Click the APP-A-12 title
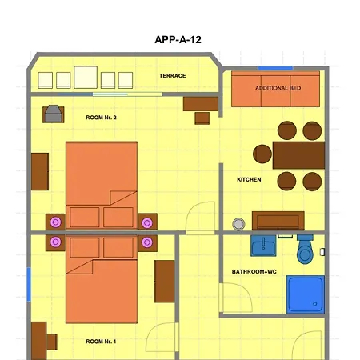click(x=178, y=40)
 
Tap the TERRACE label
click(x=173, y=76)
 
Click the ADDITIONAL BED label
click(x=278, y=88)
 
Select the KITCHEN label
click(x=249, y=179)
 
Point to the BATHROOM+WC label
click(x=254, y=272)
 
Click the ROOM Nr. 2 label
click(x=101, y=118)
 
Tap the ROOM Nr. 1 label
click(x=101, y=342)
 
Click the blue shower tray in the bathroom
click(x=306, y=294)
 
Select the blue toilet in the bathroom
click(x=305, y=249)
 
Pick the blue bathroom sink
click(x=263, y=246)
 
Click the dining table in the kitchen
click(x=298, y=155)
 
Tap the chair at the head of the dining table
click(x=262, y=154)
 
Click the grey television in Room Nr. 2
click(x=54, y=114)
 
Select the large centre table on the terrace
click(x=86, y=78)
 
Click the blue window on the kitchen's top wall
click(x=275, y=68)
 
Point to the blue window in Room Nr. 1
click(x=29, y=285)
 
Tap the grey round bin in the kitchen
click(x=238, y=224)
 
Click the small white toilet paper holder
click(x=322, y=252)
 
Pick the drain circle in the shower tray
click(x=315, y=304)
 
